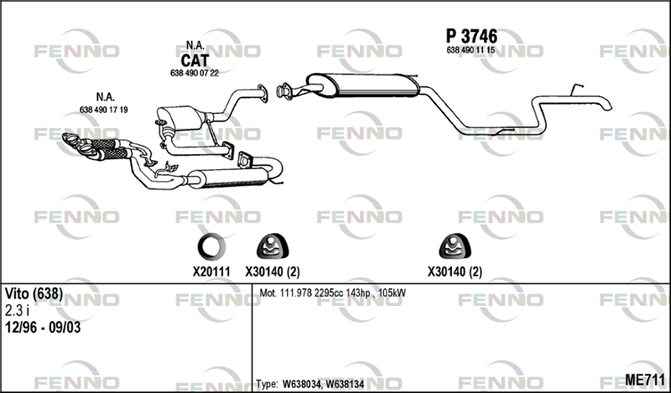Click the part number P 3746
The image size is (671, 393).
click(x=471, y=36)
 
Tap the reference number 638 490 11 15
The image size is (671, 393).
click(x=471, y=50)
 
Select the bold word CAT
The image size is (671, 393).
click(x=195, y=60)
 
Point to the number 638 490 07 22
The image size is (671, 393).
click(x=195, y=73)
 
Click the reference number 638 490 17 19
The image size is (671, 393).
click(x=103, y=110)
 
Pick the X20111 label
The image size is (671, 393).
click(x=211, y=271)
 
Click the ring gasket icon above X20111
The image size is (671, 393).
click(x=211, y=246)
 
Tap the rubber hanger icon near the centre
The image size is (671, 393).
click(x=272, y=246)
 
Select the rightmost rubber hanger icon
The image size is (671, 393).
click(x=455, y=246)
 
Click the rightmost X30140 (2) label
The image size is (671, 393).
click(x=455, y=271)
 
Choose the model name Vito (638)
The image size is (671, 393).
click(x=34, y=294)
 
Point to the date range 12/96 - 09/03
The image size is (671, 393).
click(x=43, y=328)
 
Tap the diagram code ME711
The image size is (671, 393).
click(x=645, y=380)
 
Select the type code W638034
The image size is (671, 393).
click(x=302, y=384)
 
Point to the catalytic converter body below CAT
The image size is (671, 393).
click(x=179, y=118)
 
